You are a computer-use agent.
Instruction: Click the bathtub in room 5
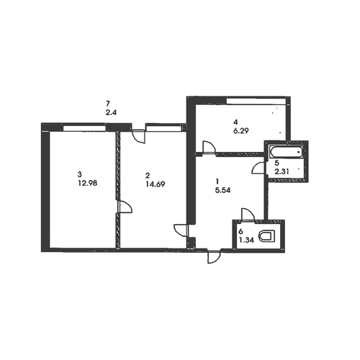pos(286,152)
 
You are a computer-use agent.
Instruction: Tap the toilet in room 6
pos(267,236)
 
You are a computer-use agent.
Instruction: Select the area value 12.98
pos(87,183)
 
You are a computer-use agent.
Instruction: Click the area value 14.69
pos(156,184)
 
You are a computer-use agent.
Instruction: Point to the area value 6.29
pos(240,131)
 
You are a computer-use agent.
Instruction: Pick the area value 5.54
pos(222,190)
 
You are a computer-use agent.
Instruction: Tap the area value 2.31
pos(282,171)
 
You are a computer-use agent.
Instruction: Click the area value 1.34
pos(246,240)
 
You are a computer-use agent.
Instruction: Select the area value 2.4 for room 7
pos(111,112)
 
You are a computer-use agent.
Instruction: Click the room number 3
pos(79,174)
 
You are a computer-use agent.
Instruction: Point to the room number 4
pos(235,122)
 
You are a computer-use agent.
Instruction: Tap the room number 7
pos(108,104)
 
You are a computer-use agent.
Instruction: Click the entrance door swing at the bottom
pos(213,257)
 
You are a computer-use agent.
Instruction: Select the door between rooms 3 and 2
pos(125,207)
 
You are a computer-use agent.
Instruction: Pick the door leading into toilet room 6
pos(248,215)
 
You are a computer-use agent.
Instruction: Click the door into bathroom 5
pos(258,168)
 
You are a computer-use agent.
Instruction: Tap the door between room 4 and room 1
pos(209,147)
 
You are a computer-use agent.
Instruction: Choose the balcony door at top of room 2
pos(139,137)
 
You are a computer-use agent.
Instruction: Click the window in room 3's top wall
pos(84,128)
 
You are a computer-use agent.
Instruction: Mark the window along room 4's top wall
pos(256,102)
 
